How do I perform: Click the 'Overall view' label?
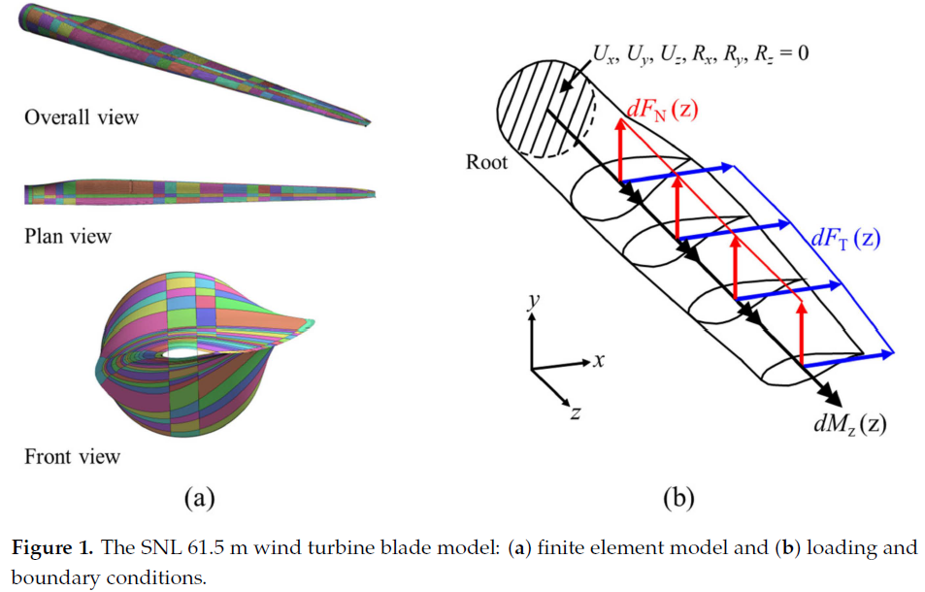point(82,117)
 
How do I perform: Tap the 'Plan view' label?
point(68,236)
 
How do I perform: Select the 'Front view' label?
point(73,456)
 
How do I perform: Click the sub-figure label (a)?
point(198,499)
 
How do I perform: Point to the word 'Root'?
point(486,162)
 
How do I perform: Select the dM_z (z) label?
point(850,423)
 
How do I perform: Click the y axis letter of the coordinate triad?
point(532,302)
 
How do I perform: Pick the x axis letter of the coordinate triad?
point(599,360)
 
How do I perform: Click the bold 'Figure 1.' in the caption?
point(50,547)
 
